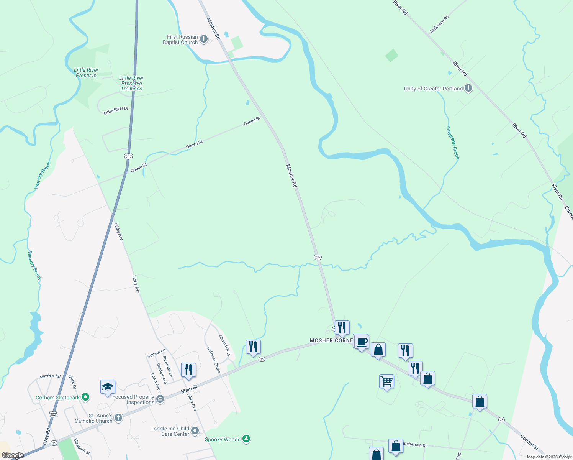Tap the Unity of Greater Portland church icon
468,88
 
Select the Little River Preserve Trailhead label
131,83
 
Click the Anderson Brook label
453,142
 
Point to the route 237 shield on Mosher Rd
318,257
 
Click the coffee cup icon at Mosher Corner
362,342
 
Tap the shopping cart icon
386,381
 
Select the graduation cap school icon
108,387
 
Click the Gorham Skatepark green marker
85,397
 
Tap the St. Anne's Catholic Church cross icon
118,418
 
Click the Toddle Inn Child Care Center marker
195,431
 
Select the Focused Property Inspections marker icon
160,399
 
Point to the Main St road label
189,389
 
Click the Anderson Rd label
439,25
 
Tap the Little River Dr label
116,110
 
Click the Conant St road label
529,442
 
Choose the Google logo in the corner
13,455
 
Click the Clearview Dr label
224,346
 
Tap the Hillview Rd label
50,376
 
